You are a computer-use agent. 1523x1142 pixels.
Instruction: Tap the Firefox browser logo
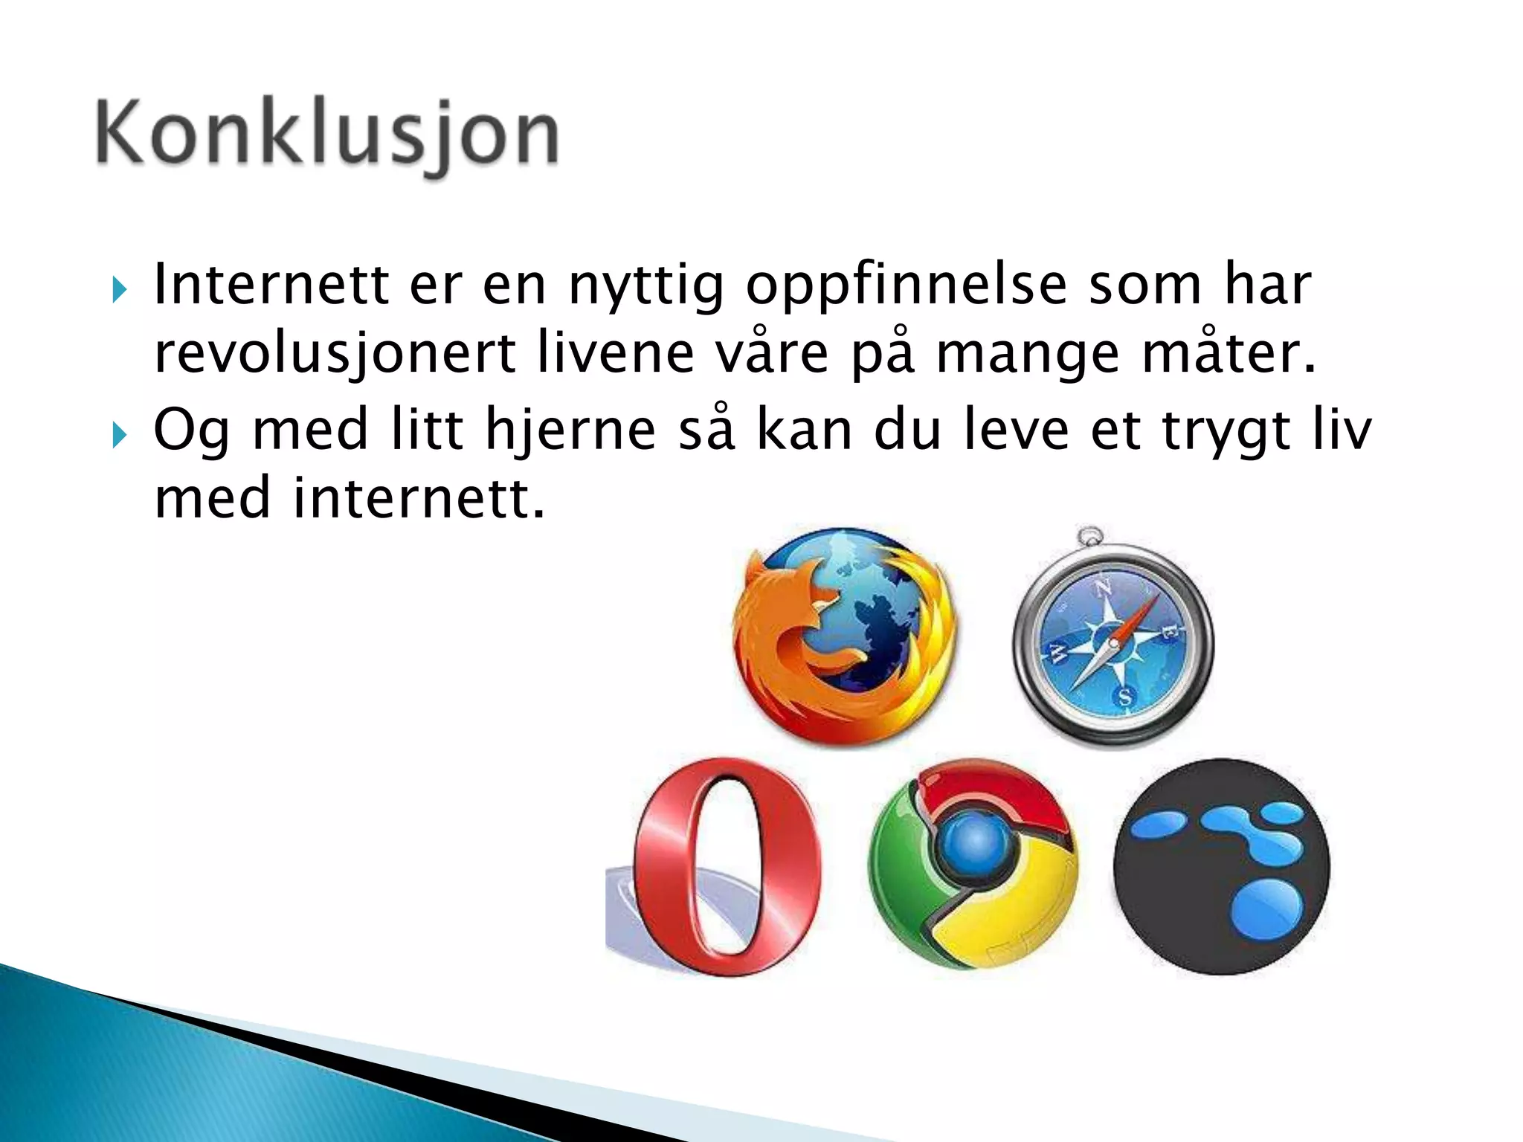pyautogui.click(x=844, y=636)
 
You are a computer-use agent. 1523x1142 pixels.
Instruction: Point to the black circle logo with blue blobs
pyautogui.click(x=1222, y=866)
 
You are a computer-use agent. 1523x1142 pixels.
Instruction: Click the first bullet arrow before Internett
pyautogui.click(x=119, y=288)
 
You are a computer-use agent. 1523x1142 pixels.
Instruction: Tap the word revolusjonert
pyautogui.click(x=335, y=355)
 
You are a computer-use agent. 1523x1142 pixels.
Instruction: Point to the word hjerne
pyautogui.click(x=570, y=431)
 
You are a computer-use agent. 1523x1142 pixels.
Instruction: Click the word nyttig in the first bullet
pyautogui.click(x=646, y=286)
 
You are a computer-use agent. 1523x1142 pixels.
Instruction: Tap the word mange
pyautogui.click(x=1027, y=355)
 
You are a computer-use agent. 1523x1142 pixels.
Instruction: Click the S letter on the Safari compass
pyautogui.click(x=1125, y=697)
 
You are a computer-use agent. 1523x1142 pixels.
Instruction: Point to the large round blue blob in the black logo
pyautogui.click(x=1266, y=909)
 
